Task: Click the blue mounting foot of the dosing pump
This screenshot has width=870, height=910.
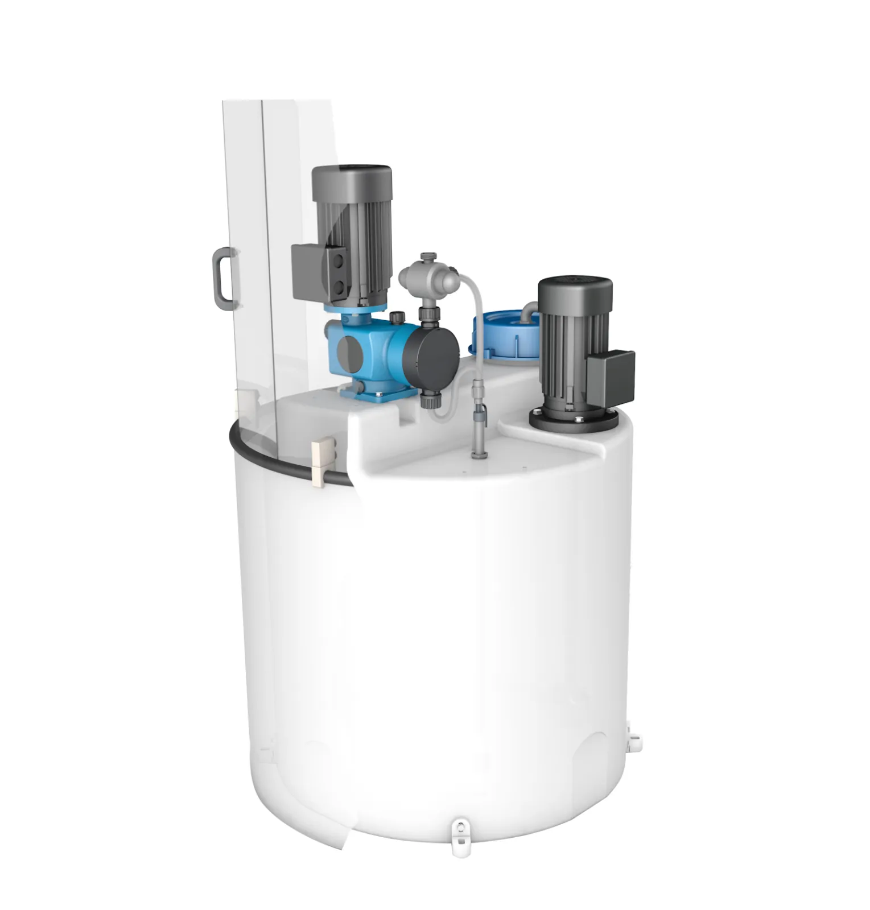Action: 376,393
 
